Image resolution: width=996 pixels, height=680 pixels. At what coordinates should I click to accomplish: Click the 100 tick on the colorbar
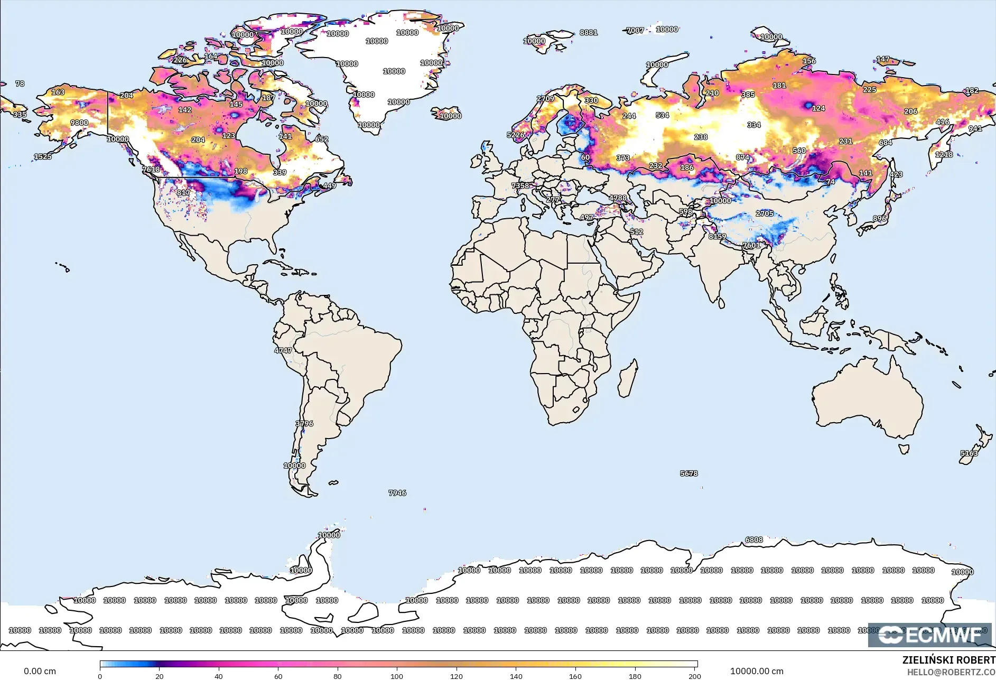tap(397, 676)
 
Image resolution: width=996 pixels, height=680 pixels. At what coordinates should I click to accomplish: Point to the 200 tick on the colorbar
tap(694, 676)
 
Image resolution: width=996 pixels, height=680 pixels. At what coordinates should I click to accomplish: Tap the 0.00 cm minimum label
tap(40, 671)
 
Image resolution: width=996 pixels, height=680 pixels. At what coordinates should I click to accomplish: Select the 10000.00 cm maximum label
tap(757, 671)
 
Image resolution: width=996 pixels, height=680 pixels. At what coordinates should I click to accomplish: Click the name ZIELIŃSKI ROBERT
tap(948, 660)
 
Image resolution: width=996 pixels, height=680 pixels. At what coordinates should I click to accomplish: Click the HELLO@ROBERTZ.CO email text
tap(951, 672)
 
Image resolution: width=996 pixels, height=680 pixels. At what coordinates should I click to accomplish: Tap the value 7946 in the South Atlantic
tap(397, 492)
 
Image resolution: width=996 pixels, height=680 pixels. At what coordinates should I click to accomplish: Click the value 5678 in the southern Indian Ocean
tap(689, 473)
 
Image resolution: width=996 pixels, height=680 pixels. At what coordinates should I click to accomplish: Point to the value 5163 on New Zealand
tap(969, 453)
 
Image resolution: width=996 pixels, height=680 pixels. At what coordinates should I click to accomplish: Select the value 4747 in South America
tap(283, 350)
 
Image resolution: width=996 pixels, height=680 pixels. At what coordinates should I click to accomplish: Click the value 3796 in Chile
tap(304, 423)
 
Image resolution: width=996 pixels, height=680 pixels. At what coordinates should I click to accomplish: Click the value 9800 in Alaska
tap(79, 123)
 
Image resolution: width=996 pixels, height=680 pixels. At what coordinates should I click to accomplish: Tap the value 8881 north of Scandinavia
tap(589, 32)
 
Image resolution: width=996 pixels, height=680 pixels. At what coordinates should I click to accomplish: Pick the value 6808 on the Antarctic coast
tap(754, 539)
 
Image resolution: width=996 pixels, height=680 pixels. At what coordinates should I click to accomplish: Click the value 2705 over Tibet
tap(765, 213)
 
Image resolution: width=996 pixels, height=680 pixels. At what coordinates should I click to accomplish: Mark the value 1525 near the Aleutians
tap(43, 156)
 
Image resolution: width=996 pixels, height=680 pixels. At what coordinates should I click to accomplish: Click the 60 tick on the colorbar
tap(278, 676)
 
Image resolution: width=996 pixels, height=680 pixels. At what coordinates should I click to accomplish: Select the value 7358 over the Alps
tap(520, 185)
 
